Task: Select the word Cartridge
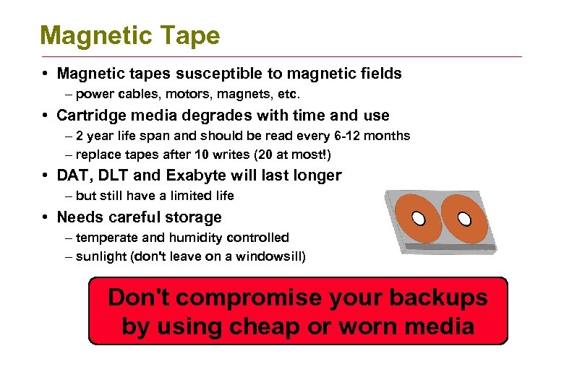pos(92,115)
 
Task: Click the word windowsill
pos(264,256)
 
